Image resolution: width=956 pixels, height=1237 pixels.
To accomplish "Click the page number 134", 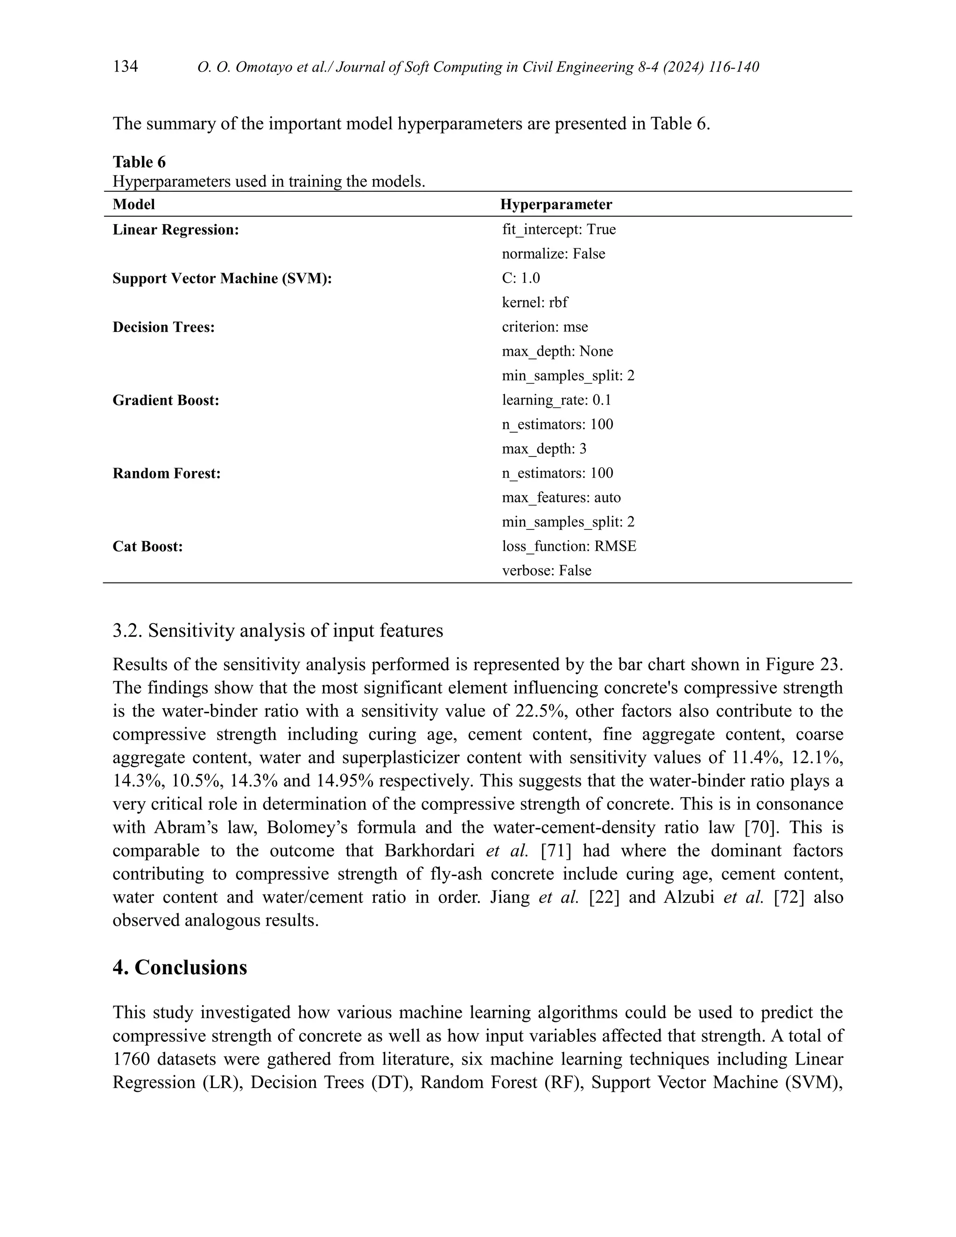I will pos(125,67).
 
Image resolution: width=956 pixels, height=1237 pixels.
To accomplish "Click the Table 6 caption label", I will pos(139,162).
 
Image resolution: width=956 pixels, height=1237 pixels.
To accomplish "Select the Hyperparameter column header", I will pos(555,204).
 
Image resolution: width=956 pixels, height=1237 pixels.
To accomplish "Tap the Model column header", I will pos(134,204).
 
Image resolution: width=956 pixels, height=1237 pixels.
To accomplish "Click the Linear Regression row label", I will pos(176,230).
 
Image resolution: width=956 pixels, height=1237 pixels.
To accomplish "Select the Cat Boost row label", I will pos(147,547).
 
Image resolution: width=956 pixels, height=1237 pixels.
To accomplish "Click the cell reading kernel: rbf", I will pos(534,302).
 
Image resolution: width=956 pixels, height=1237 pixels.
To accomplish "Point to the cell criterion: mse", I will pos(544,327).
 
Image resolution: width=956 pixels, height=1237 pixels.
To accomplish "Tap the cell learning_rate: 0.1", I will pos(556,400).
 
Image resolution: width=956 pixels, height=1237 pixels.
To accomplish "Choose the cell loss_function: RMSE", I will pos(569,546).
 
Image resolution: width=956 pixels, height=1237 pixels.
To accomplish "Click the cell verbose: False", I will pos(546,570).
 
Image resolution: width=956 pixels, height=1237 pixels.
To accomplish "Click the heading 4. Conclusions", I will pos(180,967).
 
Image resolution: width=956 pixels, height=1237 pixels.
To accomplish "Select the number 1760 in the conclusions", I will pos(130,1059).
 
